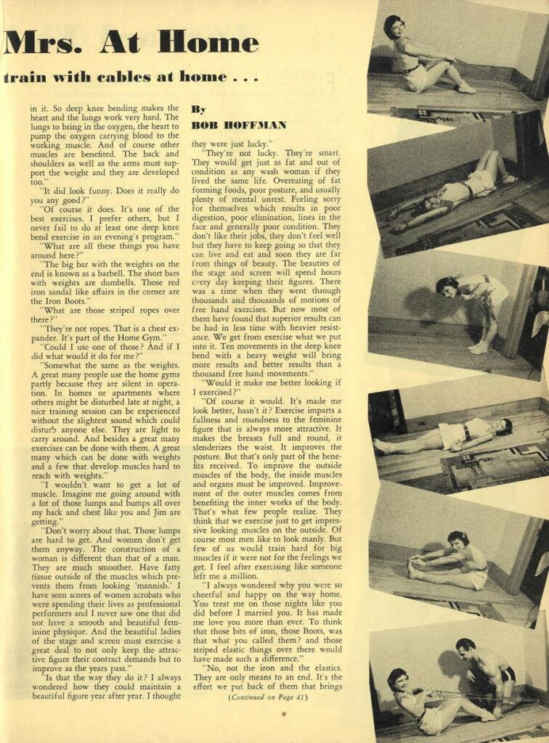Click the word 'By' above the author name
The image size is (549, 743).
pos(198,109)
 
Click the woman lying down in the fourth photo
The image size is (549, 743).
pos(443,435)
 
